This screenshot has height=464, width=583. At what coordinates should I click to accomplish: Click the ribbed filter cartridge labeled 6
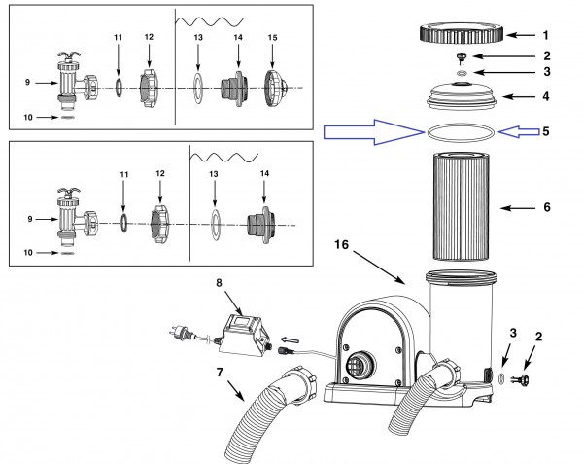coord(463,210)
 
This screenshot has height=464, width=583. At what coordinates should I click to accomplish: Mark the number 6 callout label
coord(548,209)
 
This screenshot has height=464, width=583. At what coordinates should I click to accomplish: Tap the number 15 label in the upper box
coord(272,37)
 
